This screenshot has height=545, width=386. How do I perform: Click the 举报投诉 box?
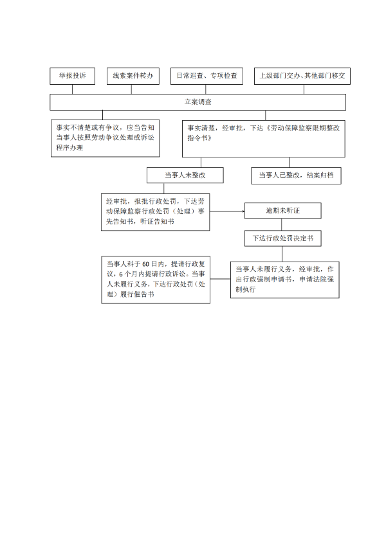point(73,76)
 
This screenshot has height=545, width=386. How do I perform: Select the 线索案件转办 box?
point(133,76)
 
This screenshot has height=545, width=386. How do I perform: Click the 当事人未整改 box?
point(185,175)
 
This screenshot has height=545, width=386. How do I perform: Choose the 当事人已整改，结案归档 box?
point(296,175)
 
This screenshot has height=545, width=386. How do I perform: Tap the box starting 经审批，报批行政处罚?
point(155,211)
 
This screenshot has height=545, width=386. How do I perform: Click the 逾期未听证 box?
point(283,211)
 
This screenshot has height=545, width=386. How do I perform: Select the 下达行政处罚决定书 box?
point(283,238)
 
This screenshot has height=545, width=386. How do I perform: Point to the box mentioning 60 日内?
point(156,279)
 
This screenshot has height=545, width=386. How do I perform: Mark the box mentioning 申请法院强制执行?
point(285,279)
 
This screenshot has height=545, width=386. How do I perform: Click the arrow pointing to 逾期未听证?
point(228,211)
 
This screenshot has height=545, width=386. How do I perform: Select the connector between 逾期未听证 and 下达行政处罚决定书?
point(283,224)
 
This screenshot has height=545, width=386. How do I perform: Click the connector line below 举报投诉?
point(73,89)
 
